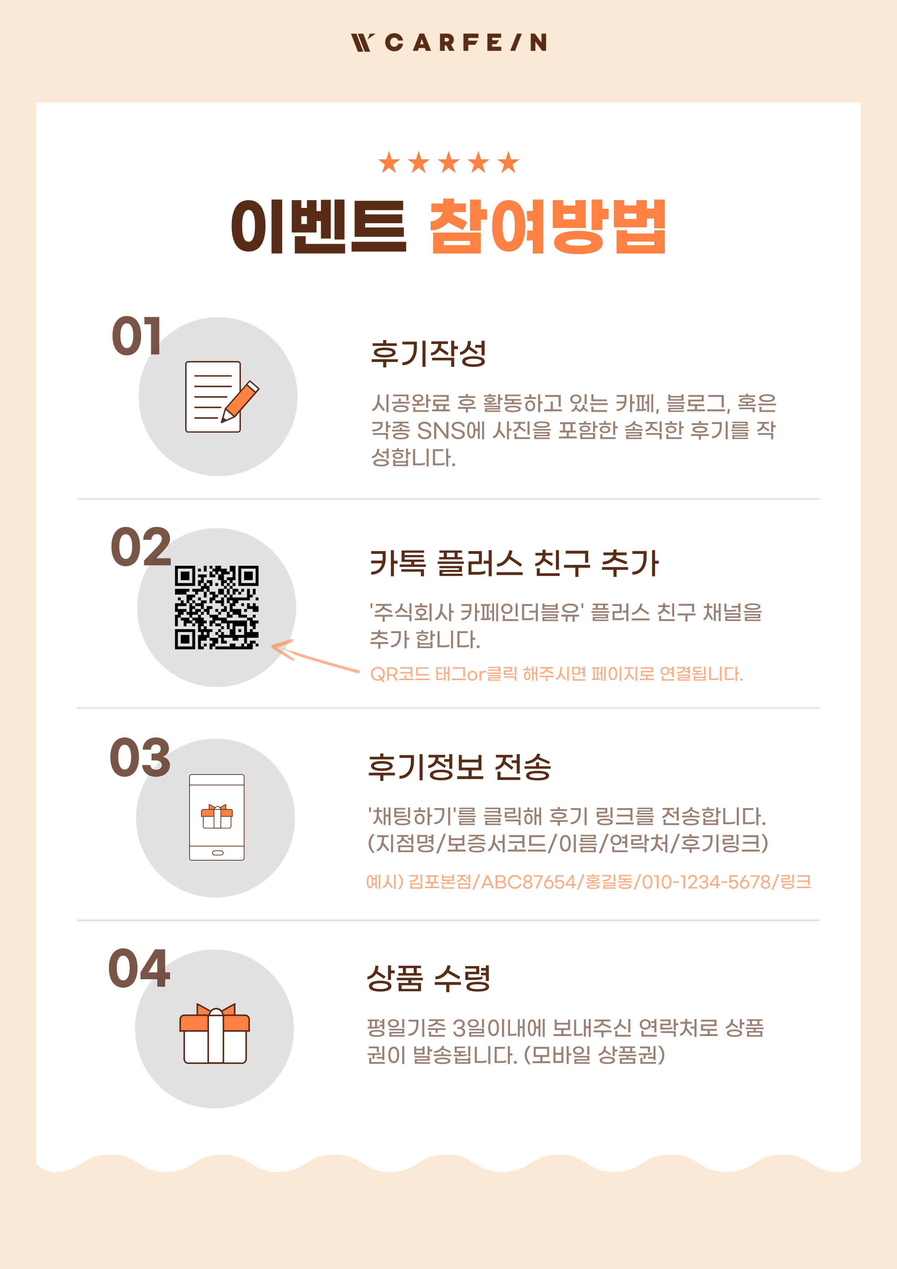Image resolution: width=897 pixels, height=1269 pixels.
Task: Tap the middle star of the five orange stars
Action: point(449,162)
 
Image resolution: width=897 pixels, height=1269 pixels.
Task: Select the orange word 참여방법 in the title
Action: point(548,226)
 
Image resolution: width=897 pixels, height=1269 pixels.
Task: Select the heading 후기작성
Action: point(428,354)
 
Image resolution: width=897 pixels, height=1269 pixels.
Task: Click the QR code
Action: point(217,607)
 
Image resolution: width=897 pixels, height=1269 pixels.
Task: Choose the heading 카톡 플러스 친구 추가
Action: point(514,563)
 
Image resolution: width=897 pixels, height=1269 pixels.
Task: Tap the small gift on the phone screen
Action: point(217,816)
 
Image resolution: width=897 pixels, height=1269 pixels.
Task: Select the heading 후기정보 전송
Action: point(459,767)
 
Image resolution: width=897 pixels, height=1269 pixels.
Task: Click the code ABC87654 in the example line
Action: point(528,882)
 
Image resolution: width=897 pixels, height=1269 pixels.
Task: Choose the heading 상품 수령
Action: point(428,978)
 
